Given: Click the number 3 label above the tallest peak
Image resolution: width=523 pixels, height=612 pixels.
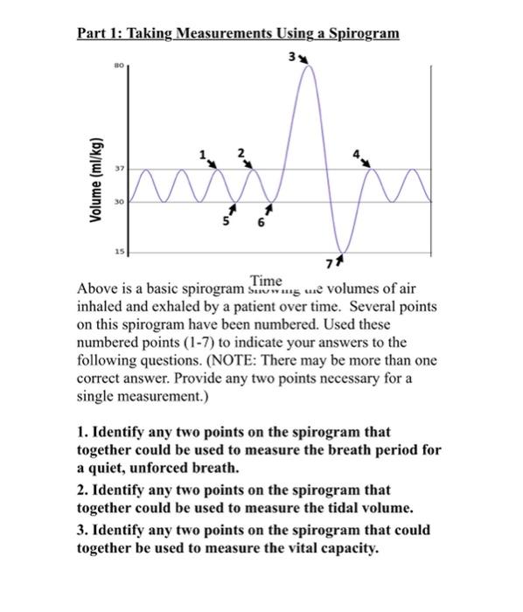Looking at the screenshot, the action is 289,58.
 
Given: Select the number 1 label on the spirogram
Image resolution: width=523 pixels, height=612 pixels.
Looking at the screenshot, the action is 203,155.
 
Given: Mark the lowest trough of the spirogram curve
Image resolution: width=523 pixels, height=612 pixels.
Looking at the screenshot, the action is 342,250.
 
